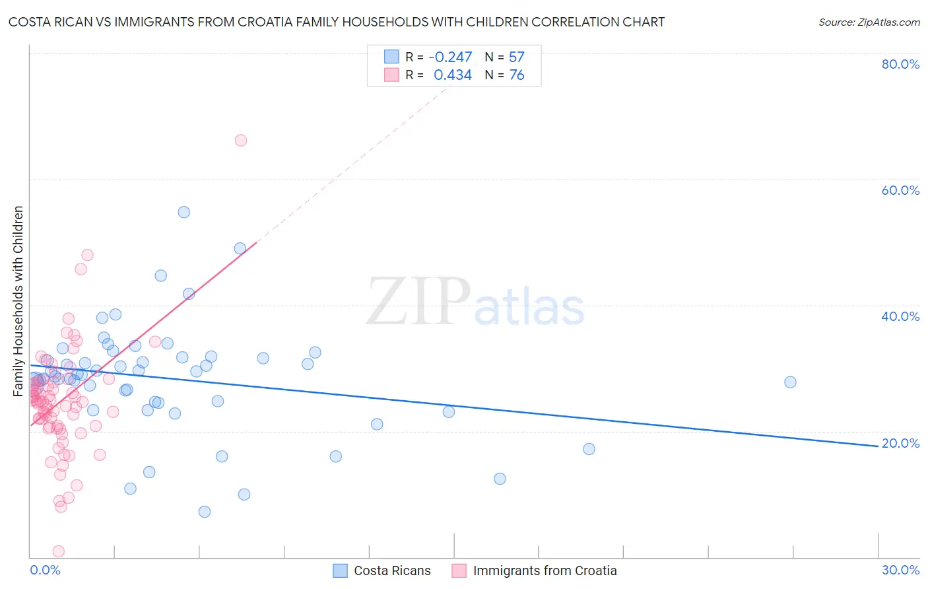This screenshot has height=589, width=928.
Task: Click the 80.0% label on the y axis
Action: (x=900, y=64)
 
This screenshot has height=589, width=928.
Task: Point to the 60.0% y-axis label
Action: (x=900, y=190)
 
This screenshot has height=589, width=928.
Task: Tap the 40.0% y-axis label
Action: (x=900, y=316)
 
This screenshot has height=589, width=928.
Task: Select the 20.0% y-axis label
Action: (x=900, y=443)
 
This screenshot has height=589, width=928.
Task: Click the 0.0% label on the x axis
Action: (x=45, y=570)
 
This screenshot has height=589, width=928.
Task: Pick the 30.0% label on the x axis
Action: (x=900, y=570)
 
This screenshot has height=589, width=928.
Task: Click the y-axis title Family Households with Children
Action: (x=18, y=301)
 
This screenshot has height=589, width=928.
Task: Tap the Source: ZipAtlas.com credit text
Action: (x=869, y=22)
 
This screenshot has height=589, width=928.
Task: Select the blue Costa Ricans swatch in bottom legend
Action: (x=340, y=571)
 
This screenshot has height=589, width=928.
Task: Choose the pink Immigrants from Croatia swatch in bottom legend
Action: (x=459, y=571)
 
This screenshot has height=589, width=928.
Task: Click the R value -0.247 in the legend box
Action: (x=450, y=57)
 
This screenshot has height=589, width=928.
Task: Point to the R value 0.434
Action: (x=452, y=75)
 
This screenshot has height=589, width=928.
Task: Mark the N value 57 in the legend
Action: (x=516, y=57)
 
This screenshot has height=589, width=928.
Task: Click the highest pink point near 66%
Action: (x=241, y=140)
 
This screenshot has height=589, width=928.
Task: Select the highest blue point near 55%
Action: (x=184, y=212)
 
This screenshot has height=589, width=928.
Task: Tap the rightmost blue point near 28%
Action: (x=790, y=382)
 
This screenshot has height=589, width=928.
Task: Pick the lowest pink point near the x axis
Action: (x=59, y=551)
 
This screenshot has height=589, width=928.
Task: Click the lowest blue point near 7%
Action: (x=205, y=512)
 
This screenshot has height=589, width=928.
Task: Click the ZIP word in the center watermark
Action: (x=418, y=302)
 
